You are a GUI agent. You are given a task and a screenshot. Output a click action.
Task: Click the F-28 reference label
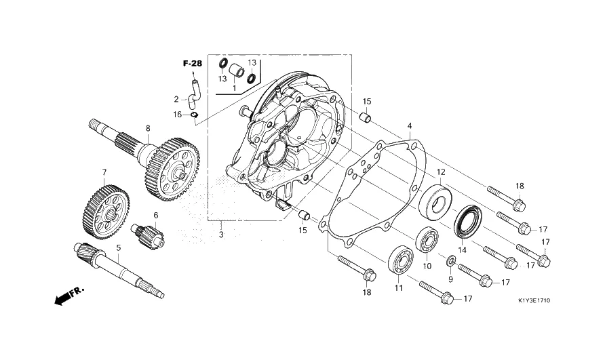(x=193, y=64)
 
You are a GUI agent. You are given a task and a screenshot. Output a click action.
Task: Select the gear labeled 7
(x=105, y=212)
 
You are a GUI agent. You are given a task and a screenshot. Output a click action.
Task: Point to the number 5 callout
(x=118, y=248)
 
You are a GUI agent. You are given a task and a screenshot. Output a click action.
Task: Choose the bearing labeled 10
(x=427, y=241)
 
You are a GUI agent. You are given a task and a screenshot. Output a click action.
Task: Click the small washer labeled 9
(x=450, y=260)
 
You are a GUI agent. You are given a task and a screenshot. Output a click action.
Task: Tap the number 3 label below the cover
(x=221, y=234)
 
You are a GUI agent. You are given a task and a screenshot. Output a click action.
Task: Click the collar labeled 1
(x=236, y=71)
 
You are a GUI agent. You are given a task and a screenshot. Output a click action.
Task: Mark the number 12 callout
(x=441, y=172)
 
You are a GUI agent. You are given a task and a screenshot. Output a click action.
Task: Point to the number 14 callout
(x=463, y=249)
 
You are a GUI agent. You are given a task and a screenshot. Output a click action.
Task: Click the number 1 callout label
(x=234, y=88)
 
